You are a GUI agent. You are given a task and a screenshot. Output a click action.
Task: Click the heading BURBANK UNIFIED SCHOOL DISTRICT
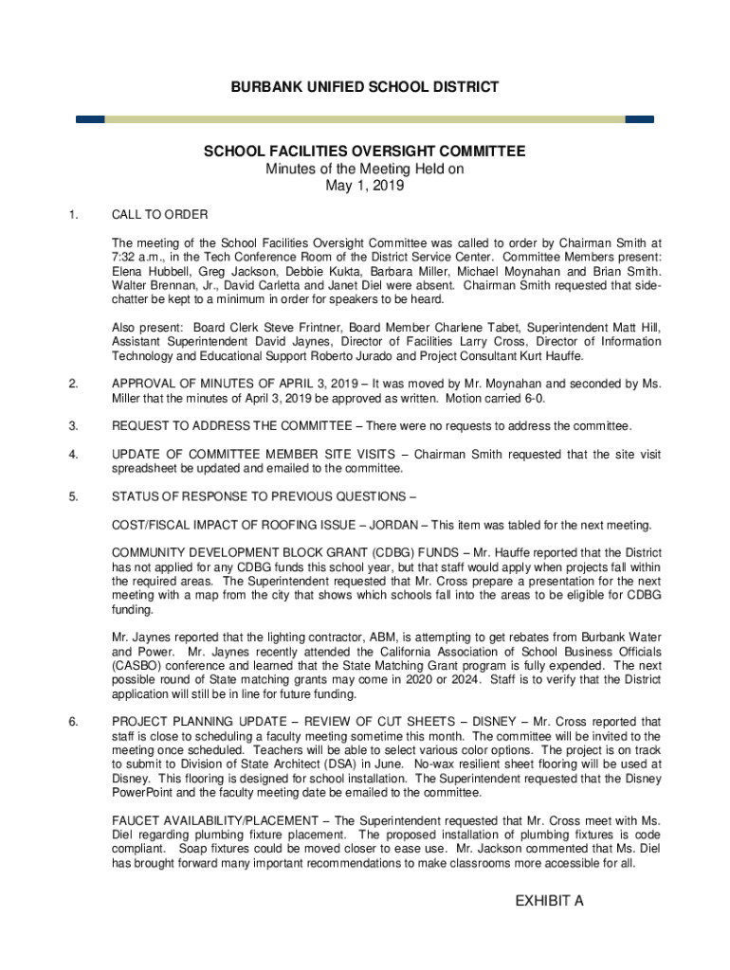click(x=365, y=87)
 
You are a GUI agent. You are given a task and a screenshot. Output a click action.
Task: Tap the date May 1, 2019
click(x=365, y=186)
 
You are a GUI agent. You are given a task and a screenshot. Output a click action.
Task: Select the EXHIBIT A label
click(x=549, y=900)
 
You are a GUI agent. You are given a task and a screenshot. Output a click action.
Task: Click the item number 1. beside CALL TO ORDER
click(x=73, y=215)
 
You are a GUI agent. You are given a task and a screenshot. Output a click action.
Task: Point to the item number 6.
click(x=73, y=722)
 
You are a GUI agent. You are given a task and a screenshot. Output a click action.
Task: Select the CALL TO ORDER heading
click(x=159, y=215)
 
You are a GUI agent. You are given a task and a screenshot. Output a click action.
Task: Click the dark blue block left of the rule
click(x=90, y=119)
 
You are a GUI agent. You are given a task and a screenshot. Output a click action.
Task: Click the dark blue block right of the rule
click(x=640, y=119)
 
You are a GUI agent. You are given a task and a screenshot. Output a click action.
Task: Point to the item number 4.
click(x=73, y=454)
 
